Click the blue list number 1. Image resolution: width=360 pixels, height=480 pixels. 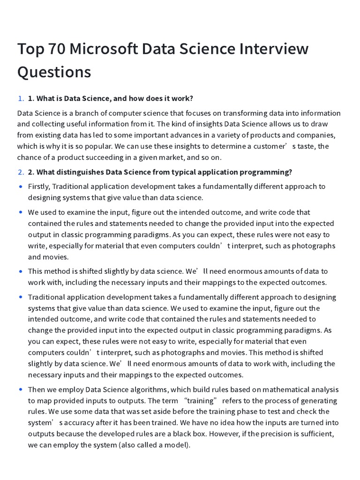21,98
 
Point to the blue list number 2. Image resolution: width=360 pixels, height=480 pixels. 21,172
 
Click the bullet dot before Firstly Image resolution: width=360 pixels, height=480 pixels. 21,187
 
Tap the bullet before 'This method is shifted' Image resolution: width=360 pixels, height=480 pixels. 21,271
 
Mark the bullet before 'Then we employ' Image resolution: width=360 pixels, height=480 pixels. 21,390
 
